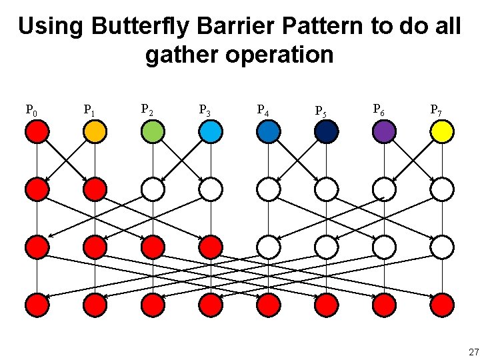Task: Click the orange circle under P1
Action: click(x=95, y=132)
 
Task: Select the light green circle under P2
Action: click(x=153, y=132)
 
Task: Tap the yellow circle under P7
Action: click(x=442, y=132)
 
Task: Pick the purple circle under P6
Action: click(x=384, y=132)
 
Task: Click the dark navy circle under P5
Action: click(x=326, y=132)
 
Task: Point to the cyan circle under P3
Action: click(x=211, y=132)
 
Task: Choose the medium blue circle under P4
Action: click(x=268, y=132)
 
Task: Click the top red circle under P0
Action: click(x=37, y=132)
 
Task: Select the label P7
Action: click(x=436, y=109)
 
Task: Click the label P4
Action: click(x=263, y=110)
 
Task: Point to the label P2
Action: click(x=147, y=109)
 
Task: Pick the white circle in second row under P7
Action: click(x=442, y=190)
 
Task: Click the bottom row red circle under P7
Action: click(x=442, y=305)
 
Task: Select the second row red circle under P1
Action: click(x=95, y=190)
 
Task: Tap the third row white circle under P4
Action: click(x=268, y=247)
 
